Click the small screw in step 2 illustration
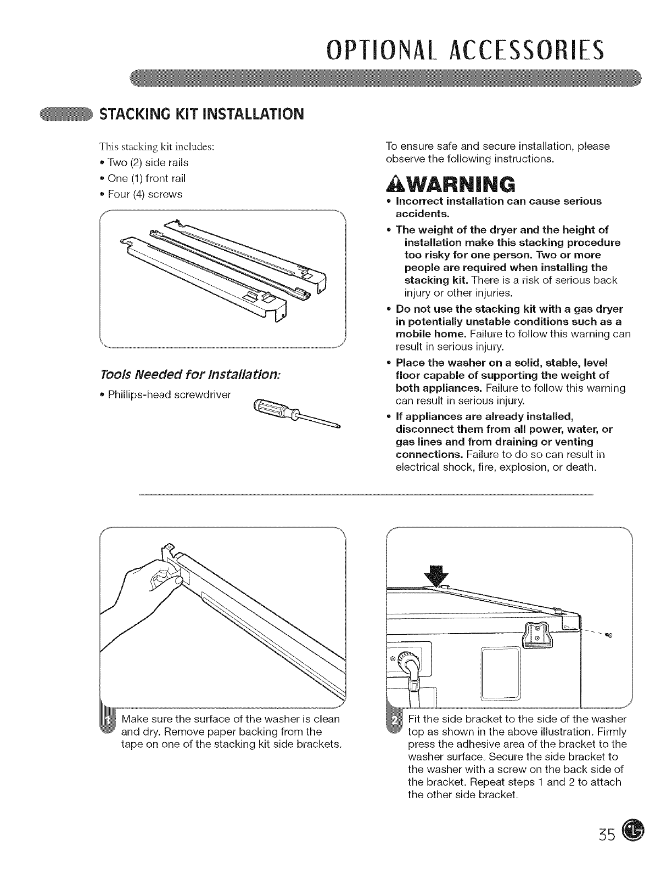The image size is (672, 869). click(608, 635)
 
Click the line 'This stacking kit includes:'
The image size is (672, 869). click(156, 147)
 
